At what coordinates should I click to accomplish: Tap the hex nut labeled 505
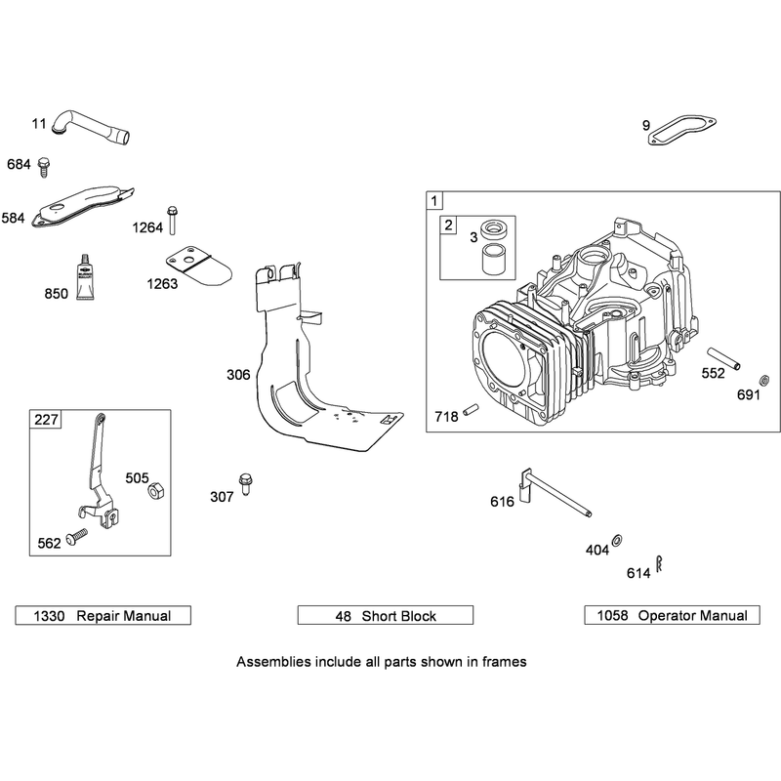[x=156, y=491]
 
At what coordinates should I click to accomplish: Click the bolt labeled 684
[x=44, y=166]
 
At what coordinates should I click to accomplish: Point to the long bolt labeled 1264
[x=173, y=220]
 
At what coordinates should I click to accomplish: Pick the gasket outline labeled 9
[x=681, y=132]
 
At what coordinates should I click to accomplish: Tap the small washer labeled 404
[x=617, y=540]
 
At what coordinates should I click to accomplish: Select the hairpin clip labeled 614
[x=660, y=563]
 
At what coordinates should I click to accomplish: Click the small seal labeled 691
[x=763, y=381]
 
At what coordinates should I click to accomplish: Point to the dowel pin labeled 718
[x=471, y=409]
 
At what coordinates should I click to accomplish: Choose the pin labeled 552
[x=723, y=358]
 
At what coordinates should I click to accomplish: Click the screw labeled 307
[x=245, y=483]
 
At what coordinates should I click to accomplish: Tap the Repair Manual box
[x=103, y=615]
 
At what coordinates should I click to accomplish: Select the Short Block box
[x=386, y=615]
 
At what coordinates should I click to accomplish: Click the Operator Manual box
[x=672, y=615]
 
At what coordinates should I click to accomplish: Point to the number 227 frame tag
[x=46, y=420]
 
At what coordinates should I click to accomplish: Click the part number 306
[x=238, y=375]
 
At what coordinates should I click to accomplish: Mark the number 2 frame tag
[x=449, y=226]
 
